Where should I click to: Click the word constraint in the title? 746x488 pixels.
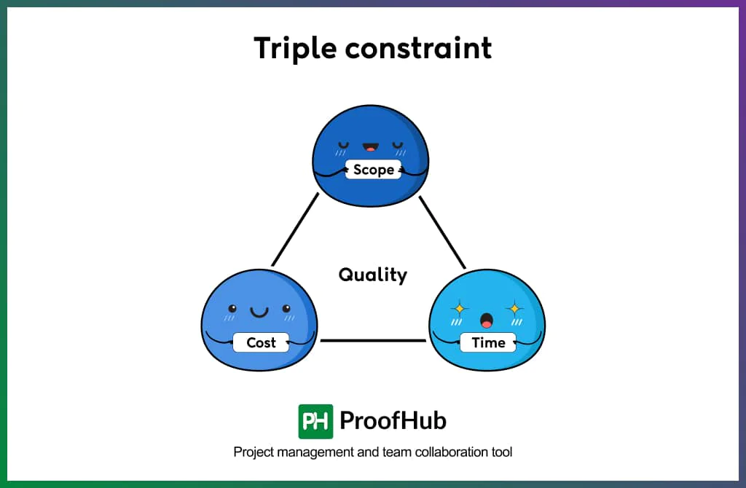pos(418,48)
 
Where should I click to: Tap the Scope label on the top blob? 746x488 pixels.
pos(373,170)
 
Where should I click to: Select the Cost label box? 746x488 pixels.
pos(261,342)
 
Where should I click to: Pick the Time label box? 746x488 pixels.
pos(488,342)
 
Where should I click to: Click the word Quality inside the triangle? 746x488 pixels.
pos(372,275)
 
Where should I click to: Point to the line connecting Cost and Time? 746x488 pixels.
pos(373,340)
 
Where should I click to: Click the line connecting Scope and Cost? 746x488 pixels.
pos(295,229)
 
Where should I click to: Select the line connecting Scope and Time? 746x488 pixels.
pos(442,232)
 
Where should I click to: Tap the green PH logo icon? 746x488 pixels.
pos(315,421)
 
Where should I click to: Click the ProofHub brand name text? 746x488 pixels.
pos(393,421)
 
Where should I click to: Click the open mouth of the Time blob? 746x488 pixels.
pos(486,320)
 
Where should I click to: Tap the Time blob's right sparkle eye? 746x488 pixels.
pos(514,308)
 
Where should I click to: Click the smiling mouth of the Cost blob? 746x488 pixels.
pos(259,312)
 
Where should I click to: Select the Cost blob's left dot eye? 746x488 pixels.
pos(232,308)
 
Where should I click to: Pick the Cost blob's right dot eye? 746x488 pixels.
pos(286,308)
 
